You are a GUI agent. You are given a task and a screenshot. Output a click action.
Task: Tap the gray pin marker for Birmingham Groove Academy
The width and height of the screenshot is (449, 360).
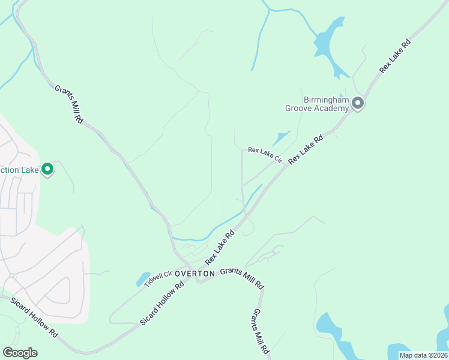[x=358, y=104]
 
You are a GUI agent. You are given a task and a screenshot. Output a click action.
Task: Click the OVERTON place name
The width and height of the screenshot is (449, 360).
[x=195, y=273]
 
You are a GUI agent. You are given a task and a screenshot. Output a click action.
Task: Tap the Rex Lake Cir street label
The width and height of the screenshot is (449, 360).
[x=265, y=154]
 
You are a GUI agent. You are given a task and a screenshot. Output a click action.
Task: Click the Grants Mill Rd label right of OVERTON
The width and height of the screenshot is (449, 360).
[x=242, y=278]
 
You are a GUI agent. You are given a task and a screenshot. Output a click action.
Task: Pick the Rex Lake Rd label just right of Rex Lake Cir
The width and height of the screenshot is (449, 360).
[x=306, y=149]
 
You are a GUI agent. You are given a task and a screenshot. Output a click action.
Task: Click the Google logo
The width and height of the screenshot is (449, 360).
[x=20, y=353]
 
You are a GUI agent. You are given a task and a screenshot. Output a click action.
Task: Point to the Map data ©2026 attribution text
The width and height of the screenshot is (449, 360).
[x=424, y=355]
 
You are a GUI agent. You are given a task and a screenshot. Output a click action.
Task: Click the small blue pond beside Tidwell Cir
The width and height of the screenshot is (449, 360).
[x=143, y=279]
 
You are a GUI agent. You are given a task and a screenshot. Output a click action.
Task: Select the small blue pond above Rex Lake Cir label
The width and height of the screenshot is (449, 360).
[x=281, y=138]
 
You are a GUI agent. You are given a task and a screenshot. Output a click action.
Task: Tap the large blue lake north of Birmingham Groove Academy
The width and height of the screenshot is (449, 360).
[x=328, y=41]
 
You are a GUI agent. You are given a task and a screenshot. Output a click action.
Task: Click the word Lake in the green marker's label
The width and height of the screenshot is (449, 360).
[x=29, y=170]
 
